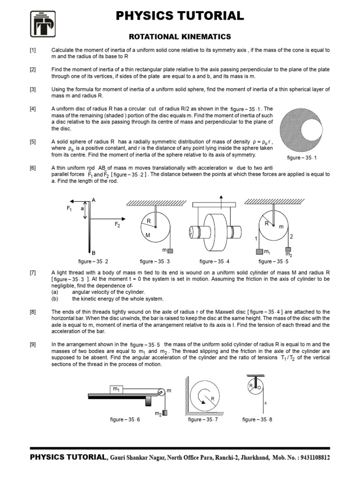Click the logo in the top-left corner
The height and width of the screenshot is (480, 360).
coord(43,24)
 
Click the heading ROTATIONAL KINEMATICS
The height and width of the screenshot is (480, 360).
coord(180,37)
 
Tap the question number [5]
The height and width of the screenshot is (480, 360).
coord(33,141)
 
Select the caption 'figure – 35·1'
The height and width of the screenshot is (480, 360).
coord(302,158)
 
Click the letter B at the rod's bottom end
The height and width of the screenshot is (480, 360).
coord(94,252)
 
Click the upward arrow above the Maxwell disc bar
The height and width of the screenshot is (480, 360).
coord(220,196)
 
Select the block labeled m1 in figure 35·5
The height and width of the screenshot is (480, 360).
coord(259,252)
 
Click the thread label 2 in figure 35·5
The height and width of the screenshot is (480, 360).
coord(292,236)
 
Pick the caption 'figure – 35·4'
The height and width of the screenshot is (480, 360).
coord(215,262)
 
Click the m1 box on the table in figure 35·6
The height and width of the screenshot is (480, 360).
coord(116,389)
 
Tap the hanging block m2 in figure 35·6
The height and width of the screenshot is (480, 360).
coord(165,412)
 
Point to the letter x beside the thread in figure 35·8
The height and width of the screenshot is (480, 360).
coord(265,402)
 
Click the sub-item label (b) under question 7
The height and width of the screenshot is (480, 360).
coord(55,299)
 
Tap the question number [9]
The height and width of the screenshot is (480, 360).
coord(33,345)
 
